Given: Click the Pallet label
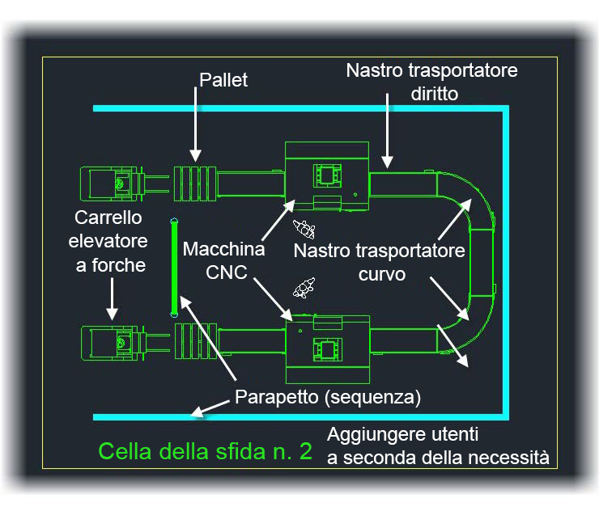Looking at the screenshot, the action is [x=223, y=80].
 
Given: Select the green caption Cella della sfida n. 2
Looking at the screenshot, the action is [x=206, y=451].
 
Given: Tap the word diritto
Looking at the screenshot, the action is [x=435, y=94].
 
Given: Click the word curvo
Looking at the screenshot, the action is [x=381, y=274].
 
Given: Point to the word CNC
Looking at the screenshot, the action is [x=226, y=272].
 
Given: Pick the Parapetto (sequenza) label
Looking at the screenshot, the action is [x=328, y=397].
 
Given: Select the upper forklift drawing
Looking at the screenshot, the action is [x=124, y=184].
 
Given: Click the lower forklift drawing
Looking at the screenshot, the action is [x=125, y=343].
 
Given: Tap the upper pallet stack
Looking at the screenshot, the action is [x=195, y=184].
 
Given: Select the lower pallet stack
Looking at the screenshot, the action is [x=196, y=340].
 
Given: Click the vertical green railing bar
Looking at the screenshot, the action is [x=174, y=268].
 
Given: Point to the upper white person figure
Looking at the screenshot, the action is [x=304, y=229].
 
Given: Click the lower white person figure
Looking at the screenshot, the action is [x=304, y=288].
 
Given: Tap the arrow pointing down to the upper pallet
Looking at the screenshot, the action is [x=195, y=125].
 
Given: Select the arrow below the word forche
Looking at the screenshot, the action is [x=112, y=299].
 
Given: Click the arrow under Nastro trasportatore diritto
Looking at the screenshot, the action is [x=387, y=131].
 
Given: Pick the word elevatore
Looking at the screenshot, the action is [x=108, y=241].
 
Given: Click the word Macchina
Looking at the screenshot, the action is [x=224, y=249].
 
